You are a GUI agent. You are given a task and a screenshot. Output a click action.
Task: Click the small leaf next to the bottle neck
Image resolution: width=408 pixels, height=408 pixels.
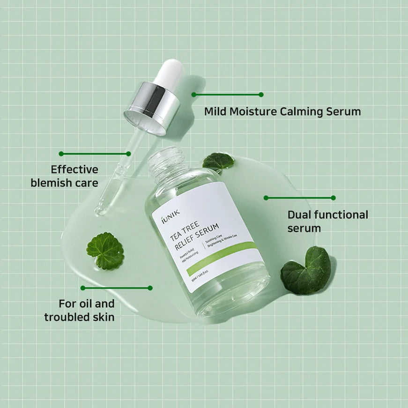(x=218, y=161)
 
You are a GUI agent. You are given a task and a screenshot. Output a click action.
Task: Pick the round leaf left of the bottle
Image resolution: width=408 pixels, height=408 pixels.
(x=105, y=251)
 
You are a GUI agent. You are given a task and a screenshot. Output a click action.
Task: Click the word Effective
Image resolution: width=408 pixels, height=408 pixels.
(x=74, y=169)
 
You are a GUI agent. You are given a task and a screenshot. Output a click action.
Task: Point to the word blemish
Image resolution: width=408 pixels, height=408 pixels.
(x=51, y=182)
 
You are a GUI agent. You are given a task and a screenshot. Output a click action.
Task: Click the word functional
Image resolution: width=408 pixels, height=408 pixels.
(x=341, y=215)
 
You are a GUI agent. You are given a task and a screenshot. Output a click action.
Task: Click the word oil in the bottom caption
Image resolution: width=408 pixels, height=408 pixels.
(x=83, y=304)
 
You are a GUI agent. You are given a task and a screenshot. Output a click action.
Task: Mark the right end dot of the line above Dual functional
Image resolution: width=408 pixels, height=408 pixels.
(x=334, y=198)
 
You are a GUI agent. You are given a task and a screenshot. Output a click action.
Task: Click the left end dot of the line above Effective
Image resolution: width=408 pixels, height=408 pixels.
(x=61, y=154)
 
